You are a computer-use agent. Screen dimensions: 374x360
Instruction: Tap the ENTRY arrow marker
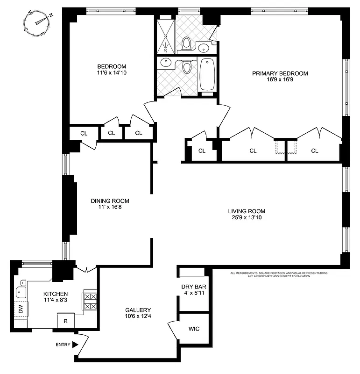tap(75, 345)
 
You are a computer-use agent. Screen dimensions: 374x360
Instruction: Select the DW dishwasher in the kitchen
tap(21, 309)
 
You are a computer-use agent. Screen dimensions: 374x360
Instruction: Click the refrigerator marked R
tap(66, 322)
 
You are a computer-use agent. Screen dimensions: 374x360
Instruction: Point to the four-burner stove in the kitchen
tap(90, 301)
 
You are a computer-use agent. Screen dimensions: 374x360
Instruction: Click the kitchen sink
tap(21, 292)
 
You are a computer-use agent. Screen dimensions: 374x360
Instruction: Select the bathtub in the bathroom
tap(207, 75)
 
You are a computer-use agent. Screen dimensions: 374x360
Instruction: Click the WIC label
tap(194, 329)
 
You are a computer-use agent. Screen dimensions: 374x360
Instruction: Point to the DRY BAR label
tap(194, 287)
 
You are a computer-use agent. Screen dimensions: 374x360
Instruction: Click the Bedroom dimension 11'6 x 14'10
tap(112, 73)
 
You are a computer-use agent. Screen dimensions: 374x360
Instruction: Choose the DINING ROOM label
tap(110, 201)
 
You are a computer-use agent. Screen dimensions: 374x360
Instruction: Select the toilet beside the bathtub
tap(187, 68)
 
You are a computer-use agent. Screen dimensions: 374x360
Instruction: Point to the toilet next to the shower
tap(186, 43)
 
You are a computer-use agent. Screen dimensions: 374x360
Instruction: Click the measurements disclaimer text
tap(279, 274)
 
